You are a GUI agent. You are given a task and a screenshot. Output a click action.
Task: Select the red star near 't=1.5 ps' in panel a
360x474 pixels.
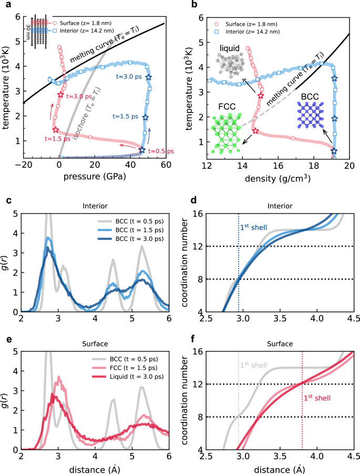coord(56,129)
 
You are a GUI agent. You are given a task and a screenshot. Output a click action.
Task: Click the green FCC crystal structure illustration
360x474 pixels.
coord(224,134)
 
